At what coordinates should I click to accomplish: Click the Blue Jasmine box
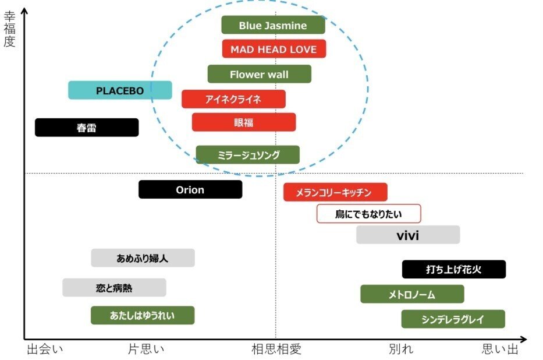pos(273,25)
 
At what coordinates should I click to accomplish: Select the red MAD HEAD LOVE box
pos(274,49)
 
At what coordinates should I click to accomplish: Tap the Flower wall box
pos(259,74)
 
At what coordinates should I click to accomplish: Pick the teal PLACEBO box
pos(120,90)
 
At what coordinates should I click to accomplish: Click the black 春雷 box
pos(87,128)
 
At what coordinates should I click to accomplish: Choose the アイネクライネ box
pos(233,99)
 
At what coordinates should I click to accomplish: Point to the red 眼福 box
pos(244,122)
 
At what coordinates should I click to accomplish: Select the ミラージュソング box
pos(247,155)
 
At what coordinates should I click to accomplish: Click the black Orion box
pos(190,189)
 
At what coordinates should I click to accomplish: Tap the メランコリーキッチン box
pos(335,192)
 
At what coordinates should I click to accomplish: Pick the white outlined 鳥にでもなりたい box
pos(368,214)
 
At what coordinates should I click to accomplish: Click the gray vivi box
pos(408,235)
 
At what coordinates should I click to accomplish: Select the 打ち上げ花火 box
pos(453,269)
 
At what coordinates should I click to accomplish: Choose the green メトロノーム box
pos(412,294)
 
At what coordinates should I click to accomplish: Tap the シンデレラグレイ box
pos(453,319)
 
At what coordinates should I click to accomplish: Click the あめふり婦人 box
pos(143,258)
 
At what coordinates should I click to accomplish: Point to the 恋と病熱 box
pos(114,288)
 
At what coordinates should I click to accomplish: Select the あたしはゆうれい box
pos(143,315)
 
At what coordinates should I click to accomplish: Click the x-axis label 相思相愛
pos(276,349)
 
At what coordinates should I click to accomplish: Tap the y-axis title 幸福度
pos(9,29)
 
